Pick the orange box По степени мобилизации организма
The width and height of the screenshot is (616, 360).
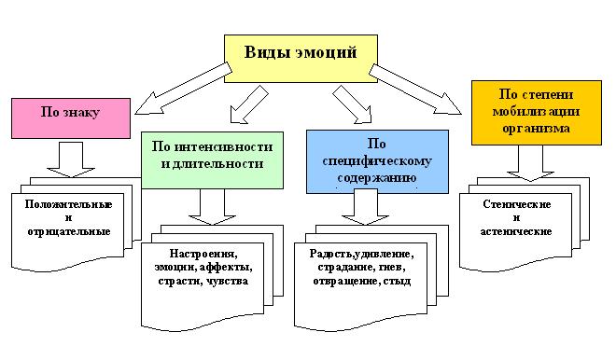pyautogui.click(x=535, y=112)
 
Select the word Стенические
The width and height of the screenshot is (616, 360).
pyautogui.click(x=517, y=204)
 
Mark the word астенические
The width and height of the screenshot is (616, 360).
pyautogui.click(x=517, y=230)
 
